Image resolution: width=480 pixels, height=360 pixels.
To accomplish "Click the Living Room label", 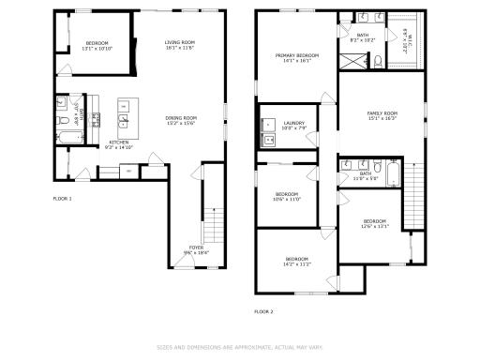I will tap(179, 44).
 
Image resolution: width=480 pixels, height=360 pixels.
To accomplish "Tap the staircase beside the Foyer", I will tap(215, 226).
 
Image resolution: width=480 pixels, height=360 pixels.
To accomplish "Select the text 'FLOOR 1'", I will tap(62, 198).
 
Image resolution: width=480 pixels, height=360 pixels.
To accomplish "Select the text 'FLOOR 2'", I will tap(263, 311).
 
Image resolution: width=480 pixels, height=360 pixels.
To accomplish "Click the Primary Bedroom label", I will tap(296, 58).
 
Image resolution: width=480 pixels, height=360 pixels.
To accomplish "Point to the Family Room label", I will tap(382, 115).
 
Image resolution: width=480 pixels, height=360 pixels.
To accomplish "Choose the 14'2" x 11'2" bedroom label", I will tap(297, 261).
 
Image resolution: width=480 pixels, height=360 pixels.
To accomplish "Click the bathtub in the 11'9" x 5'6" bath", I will tap(391, 173).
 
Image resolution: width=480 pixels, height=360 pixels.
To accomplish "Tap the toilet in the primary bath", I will tap(377, 61).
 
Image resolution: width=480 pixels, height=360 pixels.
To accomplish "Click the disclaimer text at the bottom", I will tap(240, 347).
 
